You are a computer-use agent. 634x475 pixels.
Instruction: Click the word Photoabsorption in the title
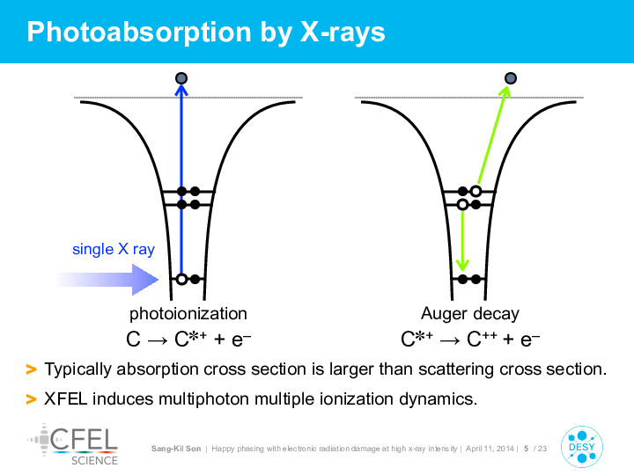click(x=139, y=33)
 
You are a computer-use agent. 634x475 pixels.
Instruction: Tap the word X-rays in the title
click(x=343, y=33)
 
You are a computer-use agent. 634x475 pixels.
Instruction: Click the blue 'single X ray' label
click(x=114, y=249)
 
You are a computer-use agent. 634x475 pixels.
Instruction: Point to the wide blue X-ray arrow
click(x=107, y=280)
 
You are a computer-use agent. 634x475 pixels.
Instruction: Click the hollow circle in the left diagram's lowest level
click(x=182, y=279)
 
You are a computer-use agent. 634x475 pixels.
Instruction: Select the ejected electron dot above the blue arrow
click(x=181, y=78)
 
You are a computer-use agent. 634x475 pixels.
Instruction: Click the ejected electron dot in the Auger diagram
click(x=511, y=78)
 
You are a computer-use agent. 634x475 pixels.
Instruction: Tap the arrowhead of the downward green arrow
click(x=462, y=266)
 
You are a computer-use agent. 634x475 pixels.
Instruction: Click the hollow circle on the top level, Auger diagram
click(x=475, y=191)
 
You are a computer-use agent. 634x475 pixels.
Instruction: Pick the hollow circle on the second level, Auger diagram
click(x=462, y=204)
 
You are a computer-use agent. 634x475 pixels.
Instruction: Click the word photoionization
click(x=188, y=314)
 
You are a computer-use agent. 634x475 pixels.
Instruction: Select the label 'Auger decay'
click(x=470, y=314)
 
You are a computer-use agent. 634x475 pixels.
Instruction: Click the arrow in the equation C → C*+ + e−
click(x=158, y=340)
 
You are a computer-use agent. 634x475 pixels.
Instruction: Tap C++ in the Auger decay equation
click(x=482, y=339)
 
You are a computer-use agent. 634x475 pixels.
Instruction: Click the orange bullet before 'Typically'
click(x=31, y=369)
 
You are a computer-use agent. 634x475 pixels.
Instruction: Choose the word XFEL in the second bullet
click(x=65, y=399)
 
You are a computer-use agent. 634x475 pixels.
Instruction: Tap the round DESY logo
click(x=582, y=447)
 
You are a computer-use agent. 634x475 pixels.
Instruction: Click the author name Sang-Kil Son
click(x=176, y=449)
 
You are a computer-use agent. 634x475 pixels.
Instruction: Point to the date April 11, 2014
click(x=490, y=449)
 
